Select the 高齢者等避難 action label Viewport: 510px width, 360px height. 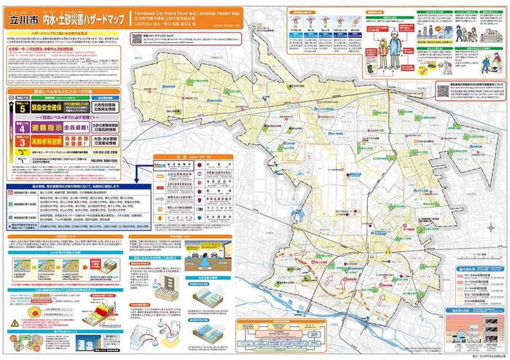click(45, 139)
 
